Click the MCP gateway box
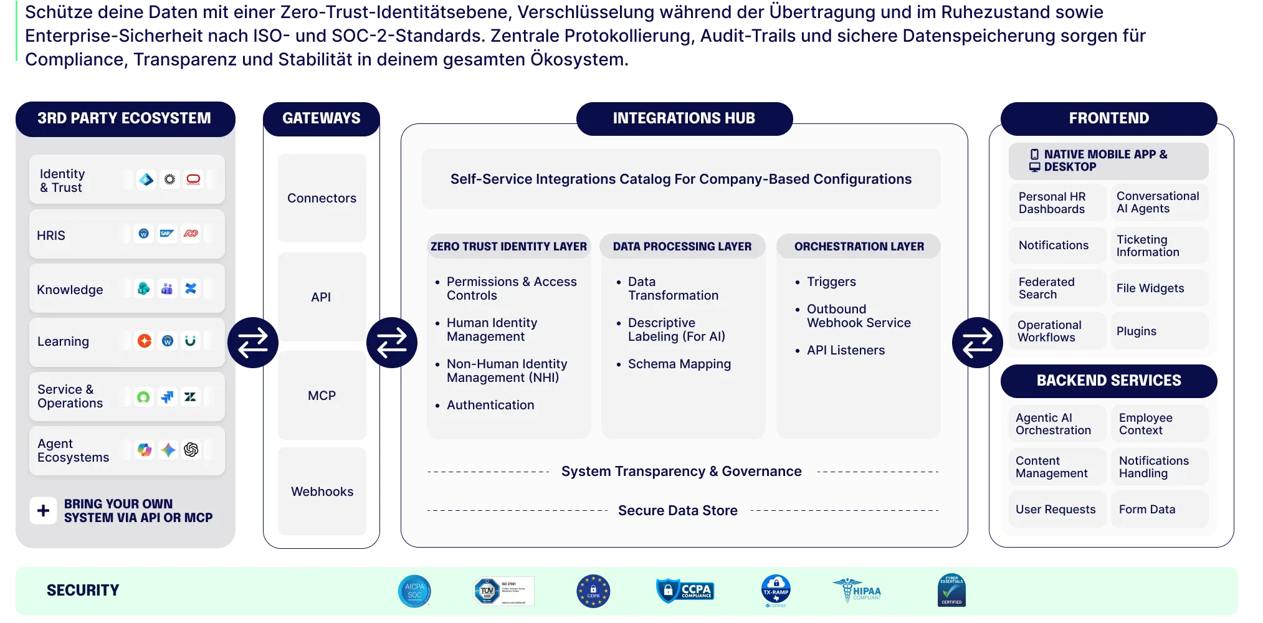(x=322, y=396)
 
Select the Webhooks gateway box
(x=322, y=492)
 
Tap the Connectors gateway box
(x=322, y=198)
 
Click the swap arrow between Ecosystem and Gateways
(x=252, y=343)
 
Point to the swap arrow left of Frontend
(x=977, y=343)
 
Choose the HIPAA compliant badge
(x=857, y=591)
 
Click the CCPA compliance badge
(x=685, y=590)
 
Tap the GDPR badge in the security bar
(x=593, y=591)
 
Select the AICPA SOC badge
(x=414, y=591)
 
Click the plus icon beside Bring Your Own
(x=43, y=511)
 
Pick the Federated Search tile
(x=1057, y=288)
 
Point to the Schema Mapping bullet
(x=679, y=364)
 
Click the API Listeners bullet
(x=846, y=350)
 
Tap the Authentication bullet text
(x=490, y=405)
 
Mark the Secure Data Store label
(x=678, y=511)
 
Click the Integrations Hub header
(x=684, y=118)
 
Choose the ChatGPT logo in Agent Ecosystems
(x=191, y=450)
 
